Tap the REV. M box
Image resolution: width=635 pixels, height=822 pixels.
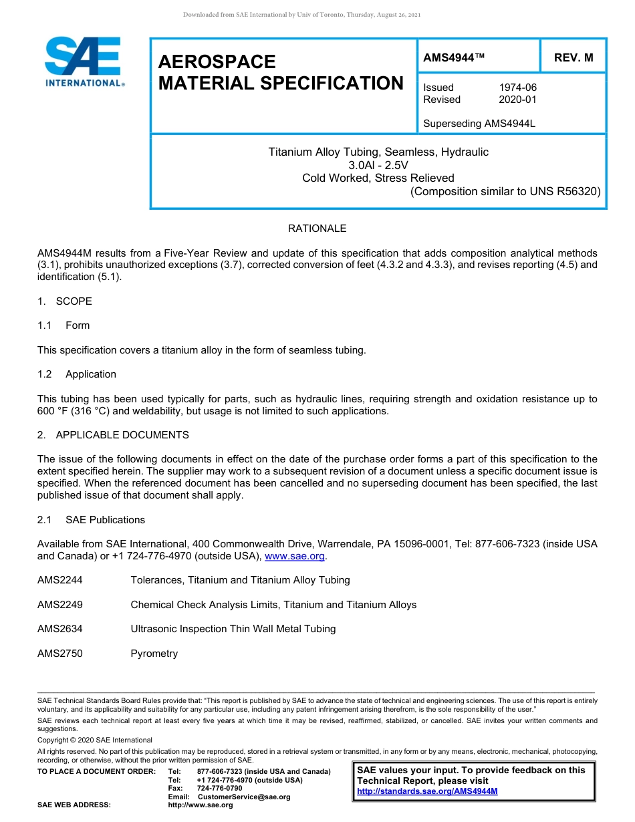click(574, 57)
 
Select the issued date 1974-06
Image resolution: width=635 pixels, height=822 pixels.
click(517, 88)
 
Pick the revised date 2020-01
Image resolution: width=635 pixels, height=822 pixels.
click(517, 100)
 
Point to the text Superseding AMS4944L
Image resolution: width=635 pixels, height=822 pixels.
click(479, 124)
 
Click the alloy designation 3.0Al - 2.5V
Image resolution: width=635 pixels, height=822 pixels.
click(378, 165)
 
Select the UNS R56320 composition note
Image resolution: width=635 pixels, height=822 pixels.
click(505, 191)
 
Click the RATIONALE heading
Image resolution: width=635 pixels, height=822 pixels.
click(317, 229)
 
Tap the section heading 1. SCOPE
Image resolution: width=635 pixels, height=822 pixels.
click(65, 301)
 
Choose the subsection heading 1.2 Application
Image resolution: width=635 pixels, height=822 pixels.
click(77, 374)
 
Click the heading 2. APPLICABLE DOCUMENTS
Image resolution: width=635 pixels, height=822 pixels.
click(113, 435)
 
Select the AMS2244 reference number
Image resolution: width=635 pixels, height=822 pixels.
click(60, 580)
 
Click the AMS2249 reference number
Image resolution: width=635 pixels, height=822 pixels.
click(60, 605)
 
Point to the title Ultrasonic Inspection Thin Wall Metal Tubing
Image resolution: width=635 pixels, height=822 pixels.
click(233, 629)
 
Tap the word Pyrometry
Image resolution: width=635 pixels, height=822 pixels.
click(154, 654)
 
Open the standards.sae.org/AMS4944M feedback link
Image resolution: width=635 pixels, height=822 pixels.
click(427, 791)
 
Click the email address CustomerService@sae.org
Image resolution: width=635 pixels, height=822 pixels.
click(244, 797)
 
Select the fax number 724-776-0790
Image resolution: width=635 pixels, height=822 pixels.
click(219, 789)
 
